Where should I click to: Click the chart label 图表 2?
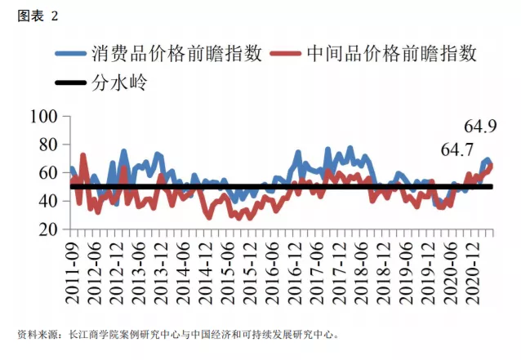pos(38,16)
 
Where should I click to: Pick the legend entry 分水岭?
pos(120,82)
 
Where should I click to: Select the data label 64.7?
pos(457,150)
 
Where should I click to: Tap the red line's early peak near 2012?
pos(83,154)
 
